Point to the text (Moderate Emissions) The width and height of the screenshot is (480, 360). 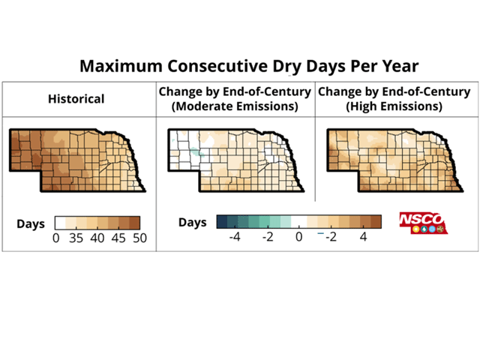point(235,106)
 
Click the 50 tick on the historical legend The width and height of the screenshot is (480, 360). point(139,238)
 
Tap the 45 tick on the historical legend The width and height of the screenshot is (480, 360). point(119,238)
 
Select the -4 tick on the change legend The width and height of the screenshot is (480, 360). point(233,237)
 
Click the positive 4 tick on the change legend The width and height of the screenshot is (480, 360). point(364,237)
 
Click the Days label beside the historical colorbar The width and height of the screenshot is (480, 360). point(31,223)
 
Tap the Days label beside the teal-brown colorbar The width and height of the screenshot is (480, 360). point(192,223)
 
